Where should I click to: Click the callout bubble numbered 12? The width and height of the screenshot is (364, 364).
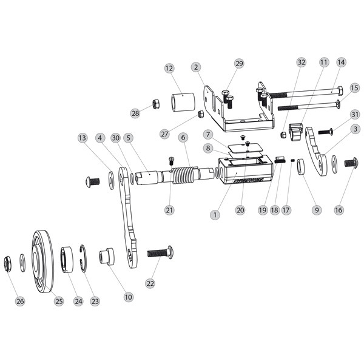click(x=169, y=69)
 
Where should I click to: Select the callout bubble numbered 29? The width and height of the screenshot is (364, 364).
click(x=238, y=63)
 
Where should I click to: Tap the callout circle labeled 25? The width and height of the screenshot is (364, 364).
click(x=59, y=302)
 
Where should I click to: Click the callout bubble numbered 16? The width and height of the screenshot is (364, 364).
click(x=339, y=210)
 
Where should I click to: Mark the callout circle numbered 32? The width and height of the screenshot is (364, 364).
click(x=302, y=62)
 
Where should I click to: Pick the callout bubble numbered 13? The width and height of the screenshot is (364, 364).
click(x=82, y=138)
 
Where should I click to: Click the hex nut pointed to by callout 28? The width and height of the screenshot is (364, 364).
click(x=155, y=104)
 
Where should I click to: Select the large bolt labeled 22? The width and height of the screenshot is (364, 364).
click(x=159, y=251)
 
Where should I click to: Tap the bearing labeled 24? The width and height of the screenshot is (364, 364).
click(x=66, y=260)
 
